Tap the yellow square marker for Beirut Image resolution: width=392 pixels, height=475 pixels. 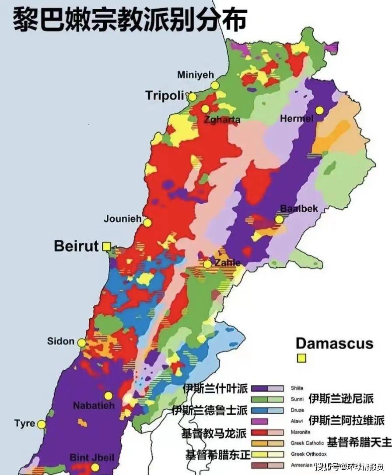(x=106, y=247)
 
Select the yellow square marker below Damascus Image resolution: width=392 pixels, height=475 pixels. (x=301, y=358)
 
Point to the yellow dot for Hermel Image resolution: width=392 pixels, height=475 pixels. (x=320, y=110)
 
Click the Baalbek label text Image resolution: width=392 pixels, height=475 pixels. (x=299, y=209)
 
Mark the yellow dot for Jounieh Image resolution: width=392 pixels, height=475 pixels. (x=147, y=223)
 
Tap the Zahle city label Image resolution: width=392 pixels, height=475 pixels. (x=227, y=262)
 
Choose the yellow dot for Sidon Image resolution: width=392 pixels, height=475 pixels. (x=82, y=343)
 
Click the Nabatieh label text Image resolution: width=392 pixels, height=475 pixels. (x=94, y=405)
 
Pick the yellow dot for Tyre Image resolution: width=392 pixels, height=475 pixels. (x=42, y=424)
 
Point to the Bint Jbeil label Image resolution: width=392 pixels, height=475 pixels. (x=92, y=458)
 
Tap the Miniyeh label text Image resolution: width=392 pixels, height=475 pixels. (x=195, y=74)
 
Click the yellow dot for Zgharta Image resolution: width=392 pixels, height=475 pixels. (x=205, y=109)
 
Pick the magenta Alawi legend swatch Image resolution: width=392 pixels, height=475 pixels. (x=259, y=421)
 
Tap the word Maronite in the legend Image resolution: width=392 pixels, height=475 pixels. (x=301, y=432)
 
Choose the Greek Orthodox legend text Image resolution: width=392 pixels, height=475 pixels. (x=308, y=454)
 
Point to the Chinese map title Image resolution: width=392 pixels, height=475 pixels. (x=129, y=18)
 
